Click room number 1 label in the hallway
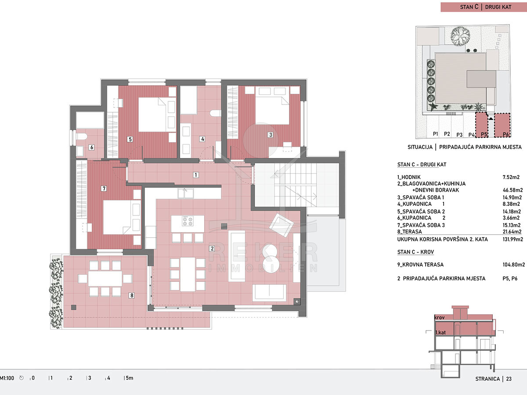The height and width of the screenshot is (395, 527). click(196, 175)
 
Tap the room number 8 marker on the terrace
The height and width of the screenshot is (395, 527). click(132, 295)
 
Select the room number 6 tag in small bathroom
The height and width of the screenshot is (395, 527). click(91, 147)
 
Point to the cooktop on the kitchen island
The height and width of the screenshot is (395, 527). click(188, 221)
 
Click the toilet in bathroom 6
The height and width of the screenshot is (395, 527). click(81, 136)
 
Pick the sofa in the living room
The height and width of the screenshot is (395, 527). click(269, 293)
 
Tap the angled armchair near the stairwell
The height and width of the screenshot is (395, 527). click(282, 225)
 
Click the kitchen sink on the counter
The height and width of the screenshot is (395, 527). click(186, 193)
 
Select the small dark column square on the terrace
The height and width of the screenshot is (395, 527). click(74, 308)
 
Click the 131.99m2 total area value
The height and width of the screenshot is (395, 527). click(513, 239)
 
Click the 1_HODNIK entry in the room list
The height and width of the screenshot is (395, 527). click(409, 177)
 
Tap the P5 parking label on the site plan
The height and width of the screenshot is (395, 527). click(484, 134)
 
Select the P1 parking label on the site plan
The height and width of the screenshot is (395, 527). click(435, 134)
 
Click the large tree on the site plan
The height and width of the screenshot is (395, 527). click(460, 36)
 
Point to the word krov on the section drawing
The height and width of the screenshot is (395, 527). click(440, 317)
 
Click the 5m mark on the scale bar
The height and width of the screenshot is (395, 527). click(129, 378)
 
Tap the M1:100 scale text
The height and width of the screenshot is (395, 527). click(7, 378)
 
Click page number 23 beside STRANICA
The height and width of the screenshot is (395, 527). click(509, 379)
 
